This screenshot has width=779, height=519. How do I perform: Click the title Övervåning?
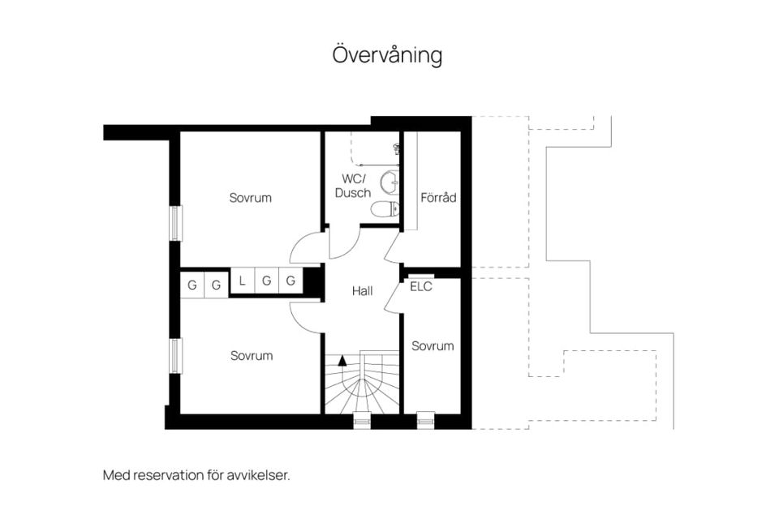[x=387, y=55]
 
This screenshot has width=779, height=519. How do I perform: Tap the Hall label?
[x=362, y=291]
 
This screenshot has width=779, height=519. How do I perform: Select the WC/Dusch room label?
[x=353, y=186]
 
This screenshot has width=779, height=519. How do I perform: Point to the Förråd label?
[x=438, y=198]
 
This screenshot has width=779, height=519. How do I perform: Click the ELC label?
[x=421, y=286]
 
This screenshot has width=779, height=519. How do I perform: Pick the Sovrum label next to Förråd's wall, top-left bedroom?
[x=251, y=198]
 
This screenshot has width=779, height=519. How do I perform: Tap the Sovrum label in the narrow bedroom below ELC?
[x=433, y=346]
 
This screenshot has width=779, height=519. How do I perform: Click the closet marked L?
[x=242, y=281]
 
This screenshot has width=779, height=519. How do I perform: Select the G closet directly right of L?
[x=267, y=281]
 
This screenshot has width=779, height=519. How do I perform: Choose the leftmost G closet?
[x=192, y=285]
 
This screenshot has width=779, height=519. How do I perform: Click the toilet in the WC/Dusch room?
[x=385, y=209]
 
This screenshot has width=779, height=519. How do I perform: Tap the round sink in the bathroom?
[x=389, y=182]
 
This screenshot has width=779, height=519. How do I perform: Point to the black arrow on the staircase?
[x=342, y=361]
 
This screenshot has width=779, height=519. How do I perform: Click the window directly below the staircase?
[x=362, y=421]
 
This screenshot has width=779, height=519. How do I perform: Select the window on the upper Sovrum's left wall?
[x=175, y=223]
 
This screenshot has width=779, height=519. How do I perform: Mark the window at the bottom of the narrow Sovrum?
[x=426, y=421]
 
